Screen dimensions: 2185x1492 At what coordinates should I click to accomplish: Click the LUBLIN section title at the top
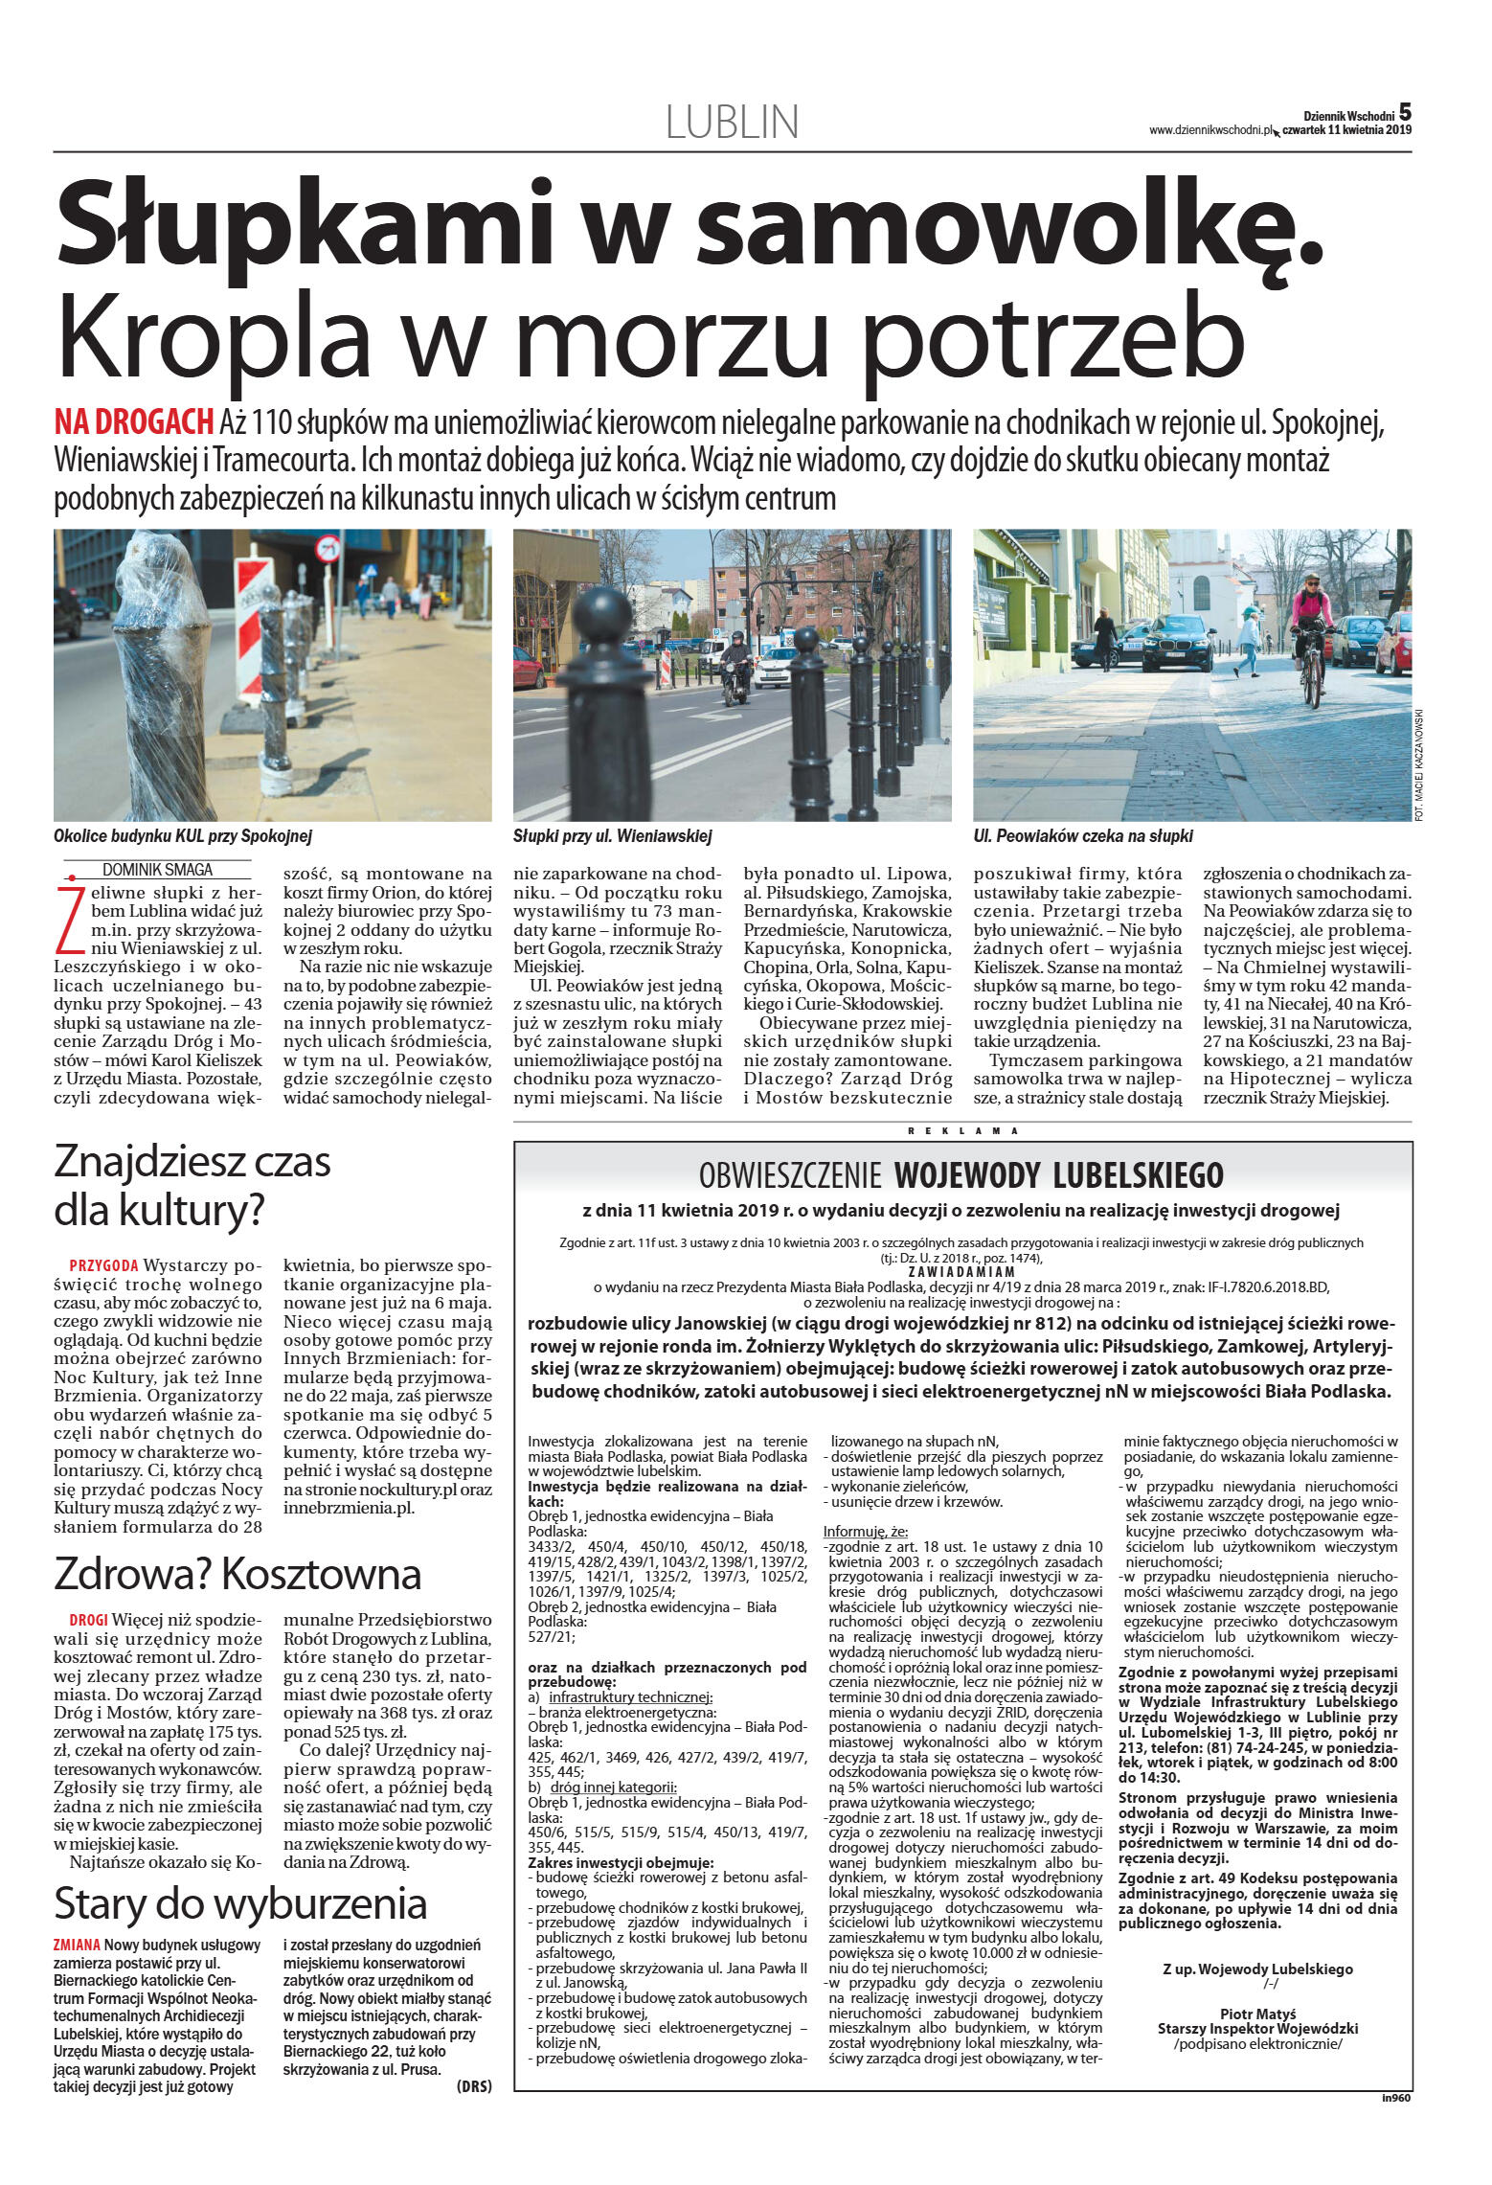point(732,122)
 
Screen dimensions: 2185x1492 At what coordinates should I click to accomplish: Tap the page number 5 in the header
point(1405,111)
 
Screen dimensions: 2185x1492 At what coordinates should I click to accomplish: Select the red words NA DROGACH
point(133,421)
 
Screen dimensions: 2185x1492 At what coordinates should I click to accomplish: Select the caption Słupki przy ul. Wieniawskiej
point(612,836)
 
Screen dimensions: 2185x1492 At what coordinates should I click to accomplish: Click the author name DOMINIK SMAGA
point(157,870)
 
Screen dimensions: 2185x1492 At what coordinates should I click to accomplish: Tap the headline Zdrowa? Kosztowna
point(237,1573)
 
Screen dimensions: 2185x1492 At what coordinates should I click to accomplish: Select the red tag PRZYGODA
point(103,1265)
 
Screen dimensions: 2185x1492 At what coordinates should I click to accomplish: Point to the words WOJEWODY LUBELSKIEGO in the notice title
point(1059,1174)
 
